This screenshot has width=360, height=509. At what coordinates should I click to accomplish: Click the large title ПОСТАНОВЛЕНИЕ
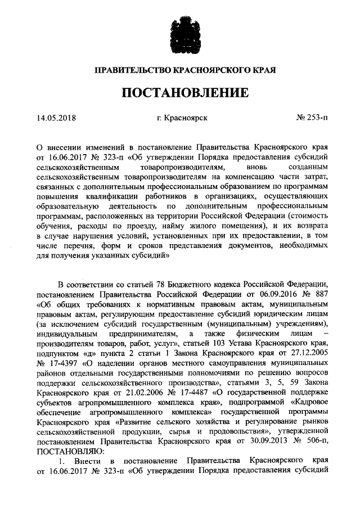coord(180,92)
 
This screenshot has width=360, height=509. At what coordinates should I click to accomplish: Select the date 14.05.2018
coord(56,119)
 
